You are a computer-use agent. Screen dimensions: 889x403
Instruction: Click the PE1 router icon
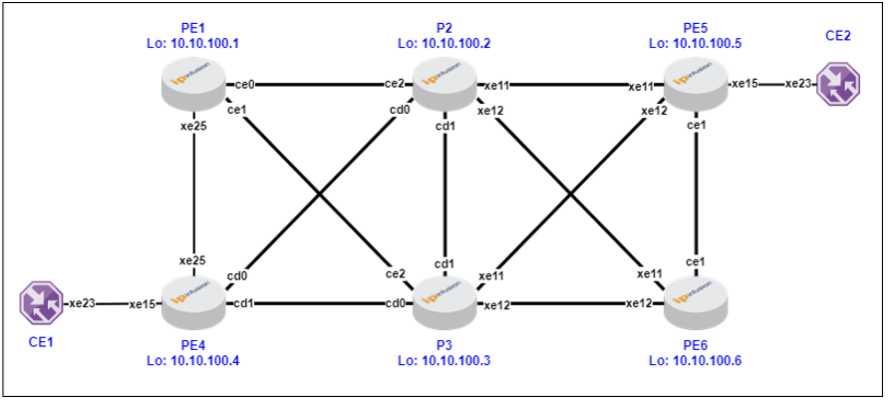click(194, 85)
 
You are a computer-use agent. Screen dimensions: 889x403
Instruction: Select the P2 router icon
click(445, 85)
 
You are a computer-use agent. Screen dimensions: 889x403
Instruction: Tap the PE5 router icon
click(697, 85)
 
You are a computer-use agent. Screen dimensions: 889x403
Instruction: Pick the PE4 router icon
click(194, 303)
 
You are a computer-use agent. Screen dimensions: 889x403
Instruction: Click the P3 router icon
click(445, 303)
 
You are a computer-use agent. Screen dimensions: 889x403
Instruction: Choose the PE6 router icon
click(697, 303)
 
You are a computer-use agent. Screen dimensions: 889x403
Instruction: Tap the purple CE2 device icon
click(838, 85)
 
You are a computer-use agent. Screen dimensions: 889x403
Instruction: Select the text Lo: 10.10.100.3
click(445, 360)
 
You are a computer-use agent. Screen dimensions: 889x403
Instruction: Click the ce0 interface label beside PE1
click(244, 85)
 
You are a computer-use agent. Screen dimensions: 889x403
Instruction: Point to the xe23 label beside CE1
click(82, 303)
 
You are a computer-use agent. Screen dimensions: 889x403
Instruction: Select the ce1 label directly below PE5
click(697, 126)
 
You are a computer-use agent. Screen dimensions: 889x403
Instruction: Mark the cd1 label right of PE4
click(243, 303)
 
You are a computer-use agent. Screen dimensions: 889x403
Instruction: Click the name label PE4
click(194, 347)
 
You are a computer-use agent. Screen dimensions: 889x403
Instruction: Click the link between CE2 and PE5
click(771, 85)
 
